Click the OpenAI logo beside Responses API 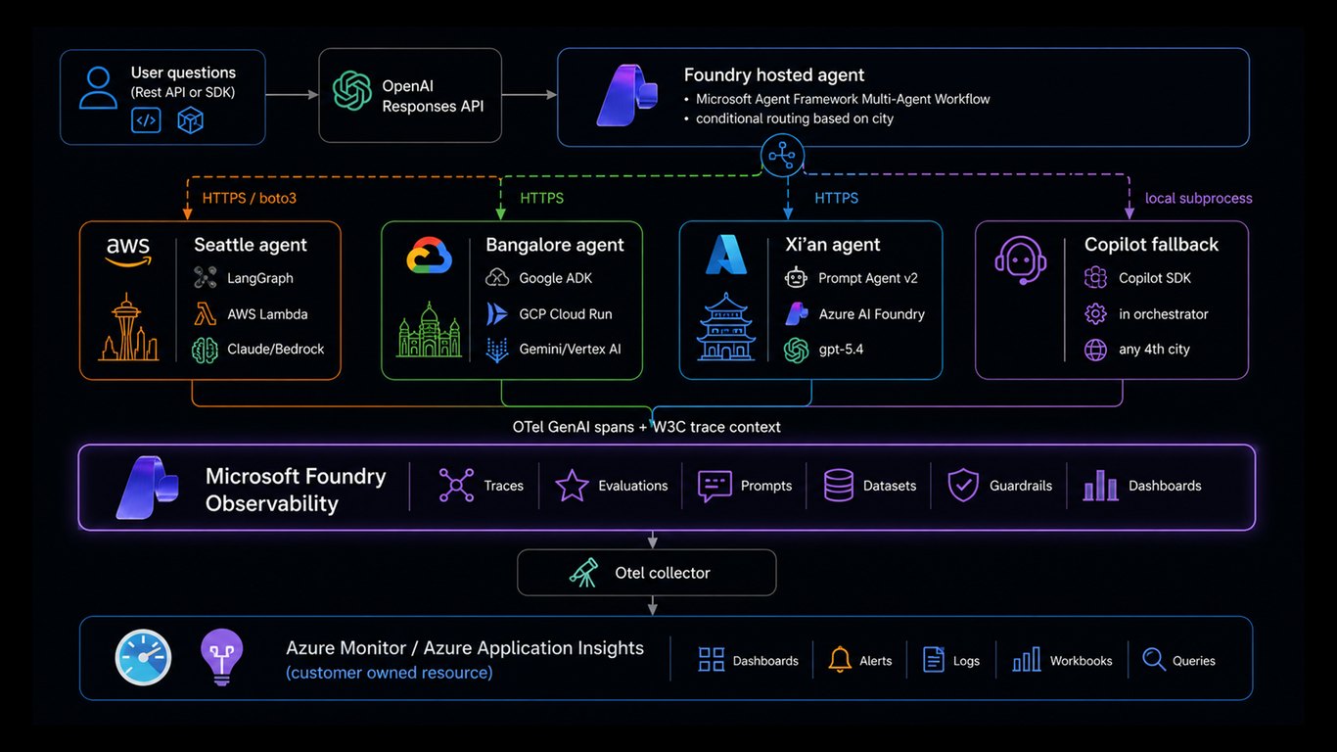352,91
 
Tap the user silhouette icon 98,87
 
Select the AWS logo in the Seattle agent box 128,252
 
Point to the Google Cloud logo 429,255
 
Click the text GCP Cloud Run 566,314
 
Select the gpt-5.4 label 841,350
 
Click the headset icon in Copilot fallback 1021,260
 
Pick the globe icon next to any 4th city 1095,350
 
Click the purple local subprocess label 1198,199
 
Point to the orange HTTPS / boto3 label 249,199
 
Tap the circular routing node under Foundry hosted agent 782,156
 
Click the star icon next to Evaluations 572,485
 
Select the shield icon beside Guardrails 963,485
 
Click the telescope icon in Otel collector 583,573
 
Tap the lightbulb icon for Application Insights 221,657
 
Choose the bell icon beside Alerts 839,660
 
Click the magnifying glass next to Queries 1154,660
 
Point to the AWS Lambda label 267,314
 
